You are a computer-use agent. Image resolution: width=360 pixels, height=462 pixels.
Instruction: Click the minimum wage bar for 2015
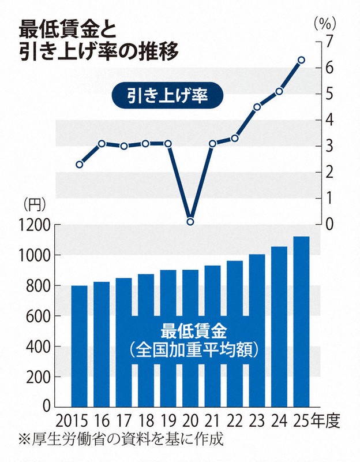(79, 346)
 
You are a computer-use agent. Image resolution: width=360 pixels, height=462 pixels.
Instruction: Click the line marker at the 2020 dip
(190, 222)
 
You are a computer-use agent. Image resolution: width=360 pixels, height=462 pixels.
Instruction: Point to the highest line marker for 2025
(301, 59)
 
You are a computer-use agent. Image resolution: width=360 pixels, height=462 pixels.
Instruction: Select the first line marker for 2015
(79, 165)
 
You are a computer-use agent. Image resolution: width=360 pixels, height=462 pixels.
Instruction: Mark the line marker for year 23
(257, 107)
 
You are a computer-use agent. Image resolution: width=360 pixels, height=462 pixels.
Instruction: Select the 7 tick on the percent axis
(330, 42)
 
